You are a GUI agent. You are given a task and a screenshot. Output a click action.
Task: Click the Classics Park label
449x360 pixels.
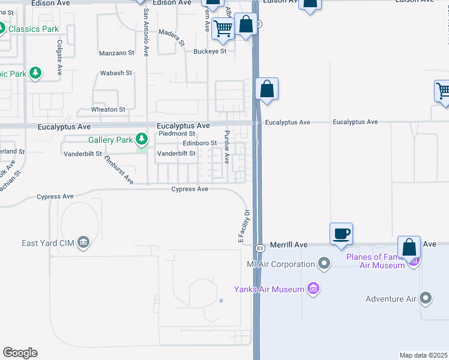pos(34,29)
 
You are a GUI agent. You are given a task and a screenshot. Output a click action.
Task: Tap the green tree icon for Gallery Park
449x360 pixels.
pos(142,140)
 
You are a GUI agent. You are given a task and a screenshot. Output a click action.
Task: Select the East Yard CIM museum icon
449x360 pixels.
pos(83,242)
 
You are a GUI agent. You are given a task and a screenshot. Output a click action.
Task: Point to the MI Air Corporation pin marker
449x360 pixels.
pos(325,263)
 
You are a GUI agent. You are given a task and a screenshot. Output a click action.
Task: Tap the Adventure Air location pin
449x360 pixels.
pos(426,298)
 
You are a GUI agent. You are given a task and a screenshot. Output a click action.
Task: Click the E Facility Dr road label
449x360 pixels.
pos(244,226)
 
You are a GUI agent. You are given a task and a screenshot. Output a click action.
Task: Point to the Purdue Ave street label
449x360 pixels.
pos(227,147)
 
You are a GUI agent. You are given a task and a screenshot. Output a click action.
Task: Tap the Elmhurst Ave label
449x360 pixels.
pos(119,170)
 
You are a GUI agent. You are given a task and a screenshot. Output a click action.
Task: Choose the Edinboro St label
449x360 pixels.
pos(200,143)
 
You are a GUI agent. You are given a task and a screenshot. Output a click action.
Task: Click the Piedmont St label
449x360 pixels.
pos(176,134)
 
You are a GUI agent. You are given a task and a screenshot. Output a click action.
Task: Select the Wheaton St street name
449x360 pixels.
pos(108,110)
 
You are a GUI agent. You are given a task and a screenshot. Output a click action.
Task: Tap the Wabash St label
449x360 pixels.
pos(116,73)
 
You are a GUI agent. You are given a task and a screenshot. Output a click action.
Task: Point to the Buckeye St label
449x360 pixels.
pos(210,51)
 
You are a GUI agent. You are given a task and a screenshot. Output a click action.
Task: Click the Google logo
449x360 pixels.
pos(20,353)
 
